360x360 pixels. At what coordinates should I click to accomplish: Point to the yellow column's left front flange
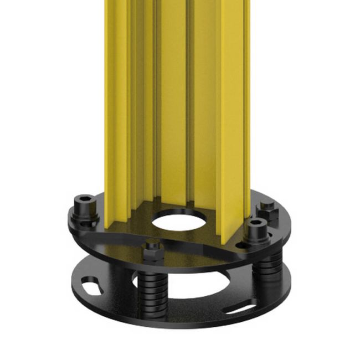point(116,111)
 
